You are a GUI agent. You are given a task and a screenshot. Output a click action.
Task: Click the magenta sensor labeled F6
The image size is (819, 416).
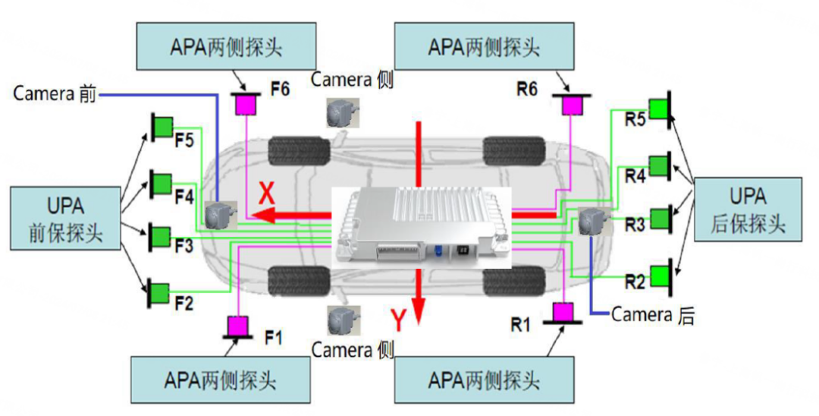pos(246,104)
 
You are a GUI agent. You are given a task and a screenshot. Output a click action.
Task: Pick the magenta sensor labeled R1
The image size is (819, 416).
pos(563,312)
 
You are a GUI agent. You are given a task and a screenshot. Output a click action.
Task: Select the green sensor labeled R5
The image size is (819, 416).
pos(658,109)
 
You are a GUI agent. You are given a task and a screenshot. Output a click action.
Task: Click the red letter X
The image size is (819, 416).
pos(266,194)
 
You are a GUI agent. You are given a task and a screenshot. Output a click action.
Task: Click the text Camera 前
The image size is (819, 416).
pos(55,94)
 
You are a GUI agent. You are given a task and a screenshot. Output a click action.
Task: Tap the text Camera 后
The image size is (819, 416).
pos(652,314)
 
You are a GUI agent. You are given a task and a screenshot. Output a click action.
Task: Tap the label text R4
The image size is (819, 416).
pos(635,176)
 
